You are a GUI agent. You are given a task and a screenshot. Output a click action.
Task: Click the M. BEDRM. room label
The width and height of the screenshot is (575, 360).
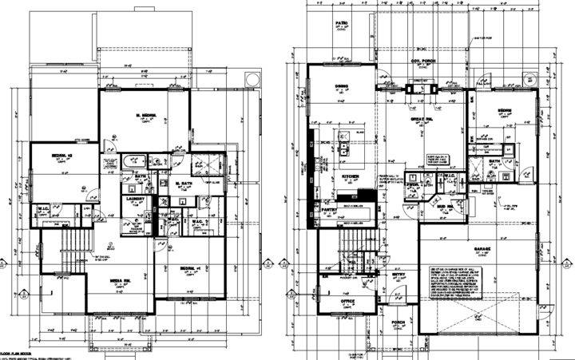149,116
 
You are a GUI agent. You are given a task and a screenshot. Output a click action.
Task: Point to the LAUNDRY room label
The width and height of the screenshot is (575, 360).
134,200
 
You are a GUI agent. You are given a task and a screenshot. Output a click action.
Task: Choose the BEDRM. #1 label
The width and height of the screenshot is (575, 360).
190,267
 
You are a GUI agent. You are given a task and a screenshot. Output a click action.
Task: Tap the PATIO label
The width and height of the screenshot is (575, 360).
342,25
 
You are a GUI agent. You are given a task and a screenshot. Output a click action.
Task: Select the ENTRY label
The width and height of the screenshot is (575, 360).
397,275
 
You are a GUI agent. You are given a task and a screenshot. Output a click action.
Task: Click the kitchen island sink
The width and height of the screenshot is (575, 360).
343,147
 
